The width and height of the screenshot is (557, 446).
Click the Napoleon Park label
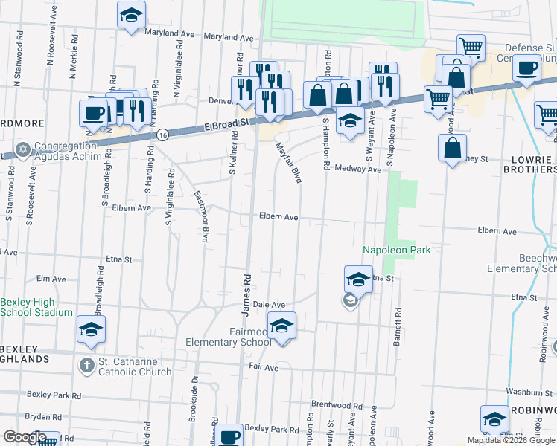click(x=396, y=251)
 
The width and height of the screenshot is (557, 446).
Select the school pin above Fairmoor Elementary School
click(x=281, y=326)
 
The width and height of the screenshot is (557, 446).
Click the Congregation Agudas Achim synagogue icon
click(x=23, y=151)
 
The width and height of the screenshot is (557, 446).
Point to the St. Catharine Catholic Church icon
click(x=87, y=365)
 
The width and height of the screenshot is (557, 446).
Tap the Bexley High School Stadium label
click(x=36, y=307)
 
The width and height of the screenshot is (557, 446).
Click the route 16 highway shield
click(x=162, y=135)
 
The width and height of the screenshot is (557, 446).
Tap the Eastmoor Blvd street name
click(x=200, y=216)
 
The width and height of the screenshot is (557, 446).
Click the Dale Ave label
click(x=270, y=305)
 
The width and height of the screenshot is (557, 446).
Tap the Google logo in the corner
click(x=24, y=438)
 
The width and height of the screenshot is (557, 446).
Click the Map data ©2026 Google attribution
click(x=511, y=440)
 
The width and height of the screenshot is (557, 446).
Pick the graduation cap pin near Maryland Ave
click(x=131, y=16)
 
